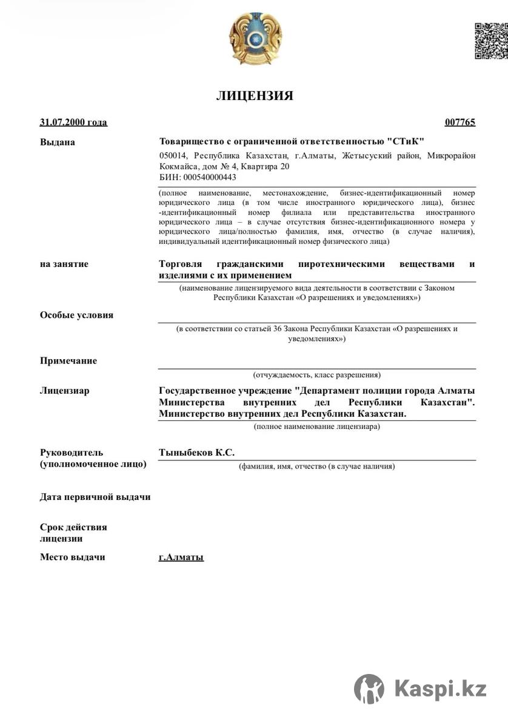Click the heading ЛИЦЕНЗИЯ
click(255, 96)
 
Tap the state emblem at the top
click(256, 40)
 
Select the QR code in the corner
click(490, 41)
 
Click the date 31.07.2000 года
click(73, 123)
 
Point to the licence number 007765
click(460, 123)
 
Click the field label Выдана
click(58, 143)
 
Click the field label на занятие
click(64, 264)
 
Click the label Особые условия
click(76, 315)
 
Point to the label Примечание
click(69, 361)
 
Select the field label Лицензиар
click(65, 391)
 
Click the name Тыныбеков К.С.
click(196, 453)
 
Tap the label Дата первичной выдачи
click(95, 497)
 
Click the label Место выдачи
click(73, 557)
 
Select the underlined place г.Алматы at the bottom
click(181, 557)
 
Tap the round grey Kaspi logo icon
click(369, 689)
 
